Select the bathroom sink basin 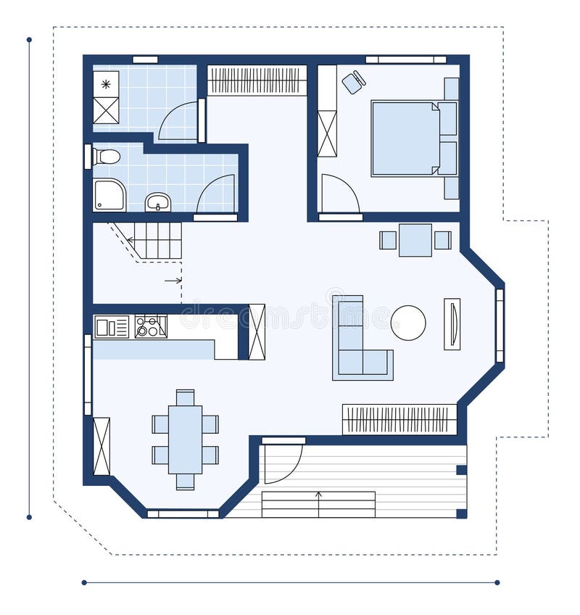click(x=157, y=201)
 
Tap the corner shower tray click(x=109, y=195)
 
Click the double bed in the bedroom click(x=405, y=139)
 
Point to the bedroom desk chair click(x=353, y=83)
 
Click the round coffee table click(x=408, y=323)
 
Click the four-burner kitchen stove click(x=151, y=326)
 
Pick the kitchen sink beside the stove click(x=111, y=327)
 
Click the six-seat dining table click(x=185, y=439)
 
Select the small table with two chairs click(x=415, y=240)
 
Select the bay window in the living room click(x=500, y=325)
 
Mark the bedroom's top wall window click(x=406, y=59)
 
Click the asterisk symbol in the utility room click(x=106, y=84)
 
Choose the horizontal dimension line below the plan click(x=290, y=582)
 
